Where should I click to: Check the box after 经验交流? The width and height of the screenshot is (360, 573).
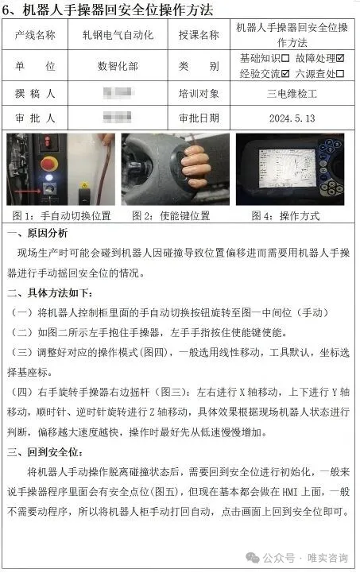tap(285, 73)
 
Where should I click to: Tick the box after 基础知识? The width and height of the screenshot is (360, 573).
tap(285, 58)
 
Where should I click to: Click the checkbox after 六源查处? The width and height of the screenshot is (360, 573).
tap(342, 73)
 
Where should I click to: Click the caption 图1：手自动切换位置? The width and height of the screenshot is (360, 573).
tap(60, 215)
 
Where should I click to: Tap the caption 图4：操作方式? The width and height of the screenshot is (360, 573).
tap(291, 215)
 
